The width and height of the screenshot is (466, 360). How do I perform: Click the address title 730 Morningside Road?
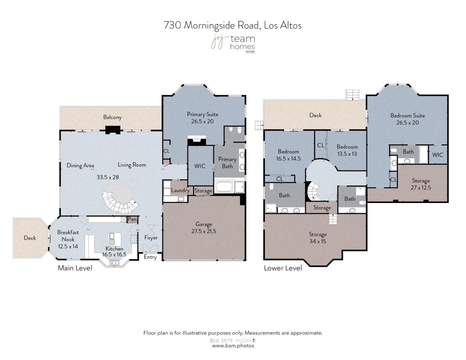pyautogui.click(x=233, y=25)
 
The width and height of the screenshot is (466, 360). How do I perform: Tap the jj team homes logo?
pyautogui.click(x=233, y=44)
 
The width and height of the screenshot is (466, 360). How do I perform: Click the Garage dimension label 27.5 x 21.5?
pyautogui.click(x=204, y=231)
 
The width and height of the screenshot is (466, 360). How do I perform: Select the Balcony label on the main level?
pyautogui.click(x=112, y=117)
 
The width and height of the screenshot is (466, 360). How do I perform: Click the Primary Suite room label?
pyautogui.click(x=202, y=114)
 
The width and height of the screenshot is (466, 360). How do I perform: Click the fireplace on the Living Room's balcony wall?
pyautogui.click(x=113, y=130)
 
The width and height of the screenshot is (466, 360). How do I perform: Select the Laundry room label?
pyautogui.click(x=180, y=190)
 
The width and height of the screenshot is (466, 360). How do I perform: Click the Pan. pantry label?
pyautogui.click(x=133, y=219)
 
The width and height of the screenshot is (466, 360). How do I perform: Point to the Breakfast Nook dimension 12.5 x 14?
pyautogui.click(x=68, y=246)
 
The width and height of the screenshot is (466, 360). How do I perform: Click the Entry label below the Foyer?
pyautogui.click(x=150, y=257)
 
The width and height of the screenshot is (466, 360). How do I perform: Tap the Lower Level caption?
pyautogui.click(x=283, y=268)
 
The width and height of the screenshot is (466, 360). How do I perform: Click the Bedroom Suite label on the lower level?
pyautogui.click(x=407, y=116)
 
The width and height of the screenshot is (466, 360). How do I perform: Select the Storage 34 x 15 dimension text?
pyautogui.click(x=317, y=241)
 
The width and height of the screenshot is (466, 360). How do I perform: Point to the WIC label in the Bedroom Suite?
pyautogui.click(x=437, y=155)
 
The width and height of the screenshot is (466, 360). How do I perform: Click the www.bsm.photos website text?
pyautogui.click(x=233, y=346)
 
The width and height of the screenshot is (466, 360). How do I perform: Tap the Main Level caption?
pyautogui.click(x=75, y=268)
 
